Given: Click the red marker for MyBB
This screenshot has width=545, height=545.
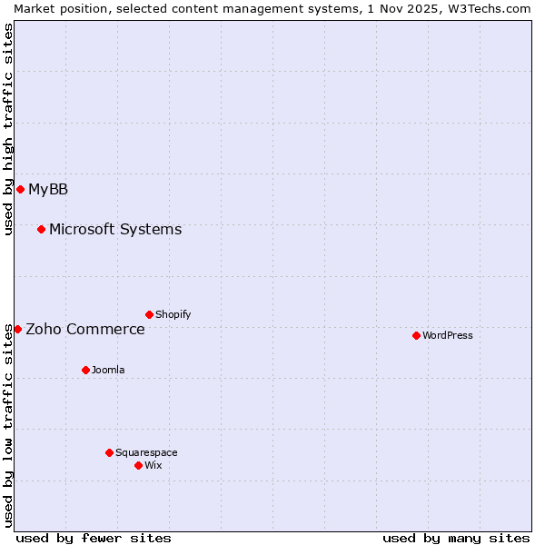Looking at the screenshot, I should click(20, 189).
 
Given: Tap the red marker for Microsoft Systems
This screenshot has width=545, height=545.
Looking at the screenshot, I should click(41, 229).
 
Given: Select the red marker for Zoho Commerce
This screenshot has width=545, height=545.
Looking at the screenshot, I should click(17, 329).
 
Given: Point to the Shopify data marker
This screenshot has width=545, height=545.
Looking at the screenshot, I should click(149, 314).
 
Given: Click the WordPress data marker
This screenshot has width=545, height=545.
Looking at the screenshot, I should click(416, 335).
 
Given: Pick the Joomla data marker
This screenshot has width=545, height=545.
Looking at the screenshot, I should click(85, 370).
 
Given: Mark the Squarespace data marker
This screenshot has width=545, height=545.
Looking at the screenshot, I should click(109, 452).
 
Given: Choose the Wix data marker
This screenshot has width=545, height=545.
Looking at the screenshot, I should click(138, 465).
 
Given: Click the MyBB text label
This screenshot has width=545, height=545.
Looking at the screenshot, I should click(48, 189).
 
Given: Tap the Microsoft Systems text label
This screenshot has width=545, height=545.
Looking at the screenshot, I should click(115, 229).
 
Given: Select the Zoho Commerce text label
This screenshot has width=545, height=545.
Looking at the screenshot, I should click(85, 329).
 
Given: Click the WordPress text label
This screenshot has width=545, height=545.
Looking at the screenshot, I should click(448, 335).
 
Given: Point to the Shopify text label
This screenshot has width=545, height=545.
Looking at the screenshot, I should click(173, 314).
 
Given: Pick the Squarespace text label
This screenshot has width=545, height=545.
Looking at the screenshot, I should click(146, 452).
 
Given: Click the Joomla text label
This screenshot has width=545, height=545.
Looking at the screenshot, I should click(108, 370).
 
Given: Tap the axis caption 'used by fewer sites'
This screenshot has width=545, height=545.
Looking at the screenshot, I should click(94, 538).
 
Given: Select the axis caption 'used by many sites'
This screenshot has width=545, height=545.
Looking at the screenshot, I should click(456, 538).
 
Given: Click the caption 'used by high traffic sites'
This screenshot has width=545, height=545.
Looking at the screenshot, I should click(8, 129).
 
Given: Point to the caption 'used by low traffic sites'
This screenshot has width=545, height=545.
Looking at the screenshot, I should click(8, 425).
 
